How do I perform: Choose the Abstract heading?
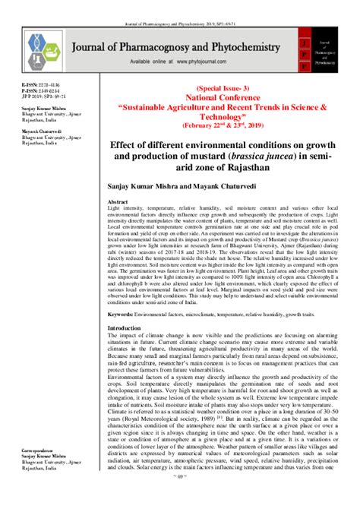120,201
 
